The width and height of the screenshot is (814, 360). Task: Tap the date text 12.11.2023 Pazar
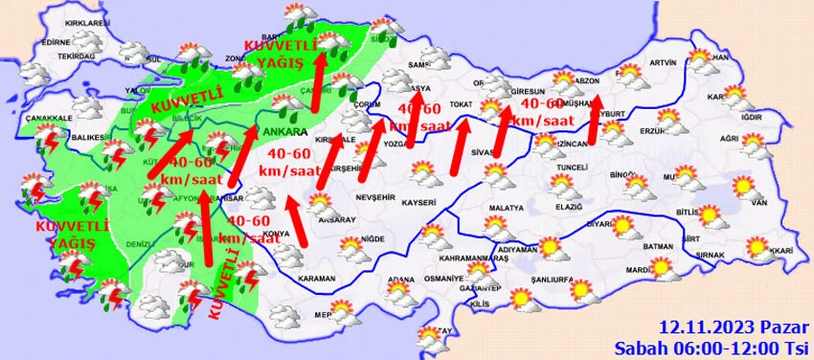pyautogui.click(x=734, y=326)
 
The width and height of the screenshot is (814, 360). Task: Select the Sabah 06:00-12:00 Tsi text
pyautogui.click(x=712, y=346)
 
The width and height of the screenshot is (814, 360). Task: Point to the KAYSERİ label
pyautogui.click(x=418, y=203)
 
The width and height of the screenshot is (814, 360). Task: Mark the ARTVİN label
pyautogui.click(x=663, y=63)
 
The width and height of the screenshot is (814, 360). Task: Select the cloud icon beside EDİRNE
pyautogui.click(x=89, y=41)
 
